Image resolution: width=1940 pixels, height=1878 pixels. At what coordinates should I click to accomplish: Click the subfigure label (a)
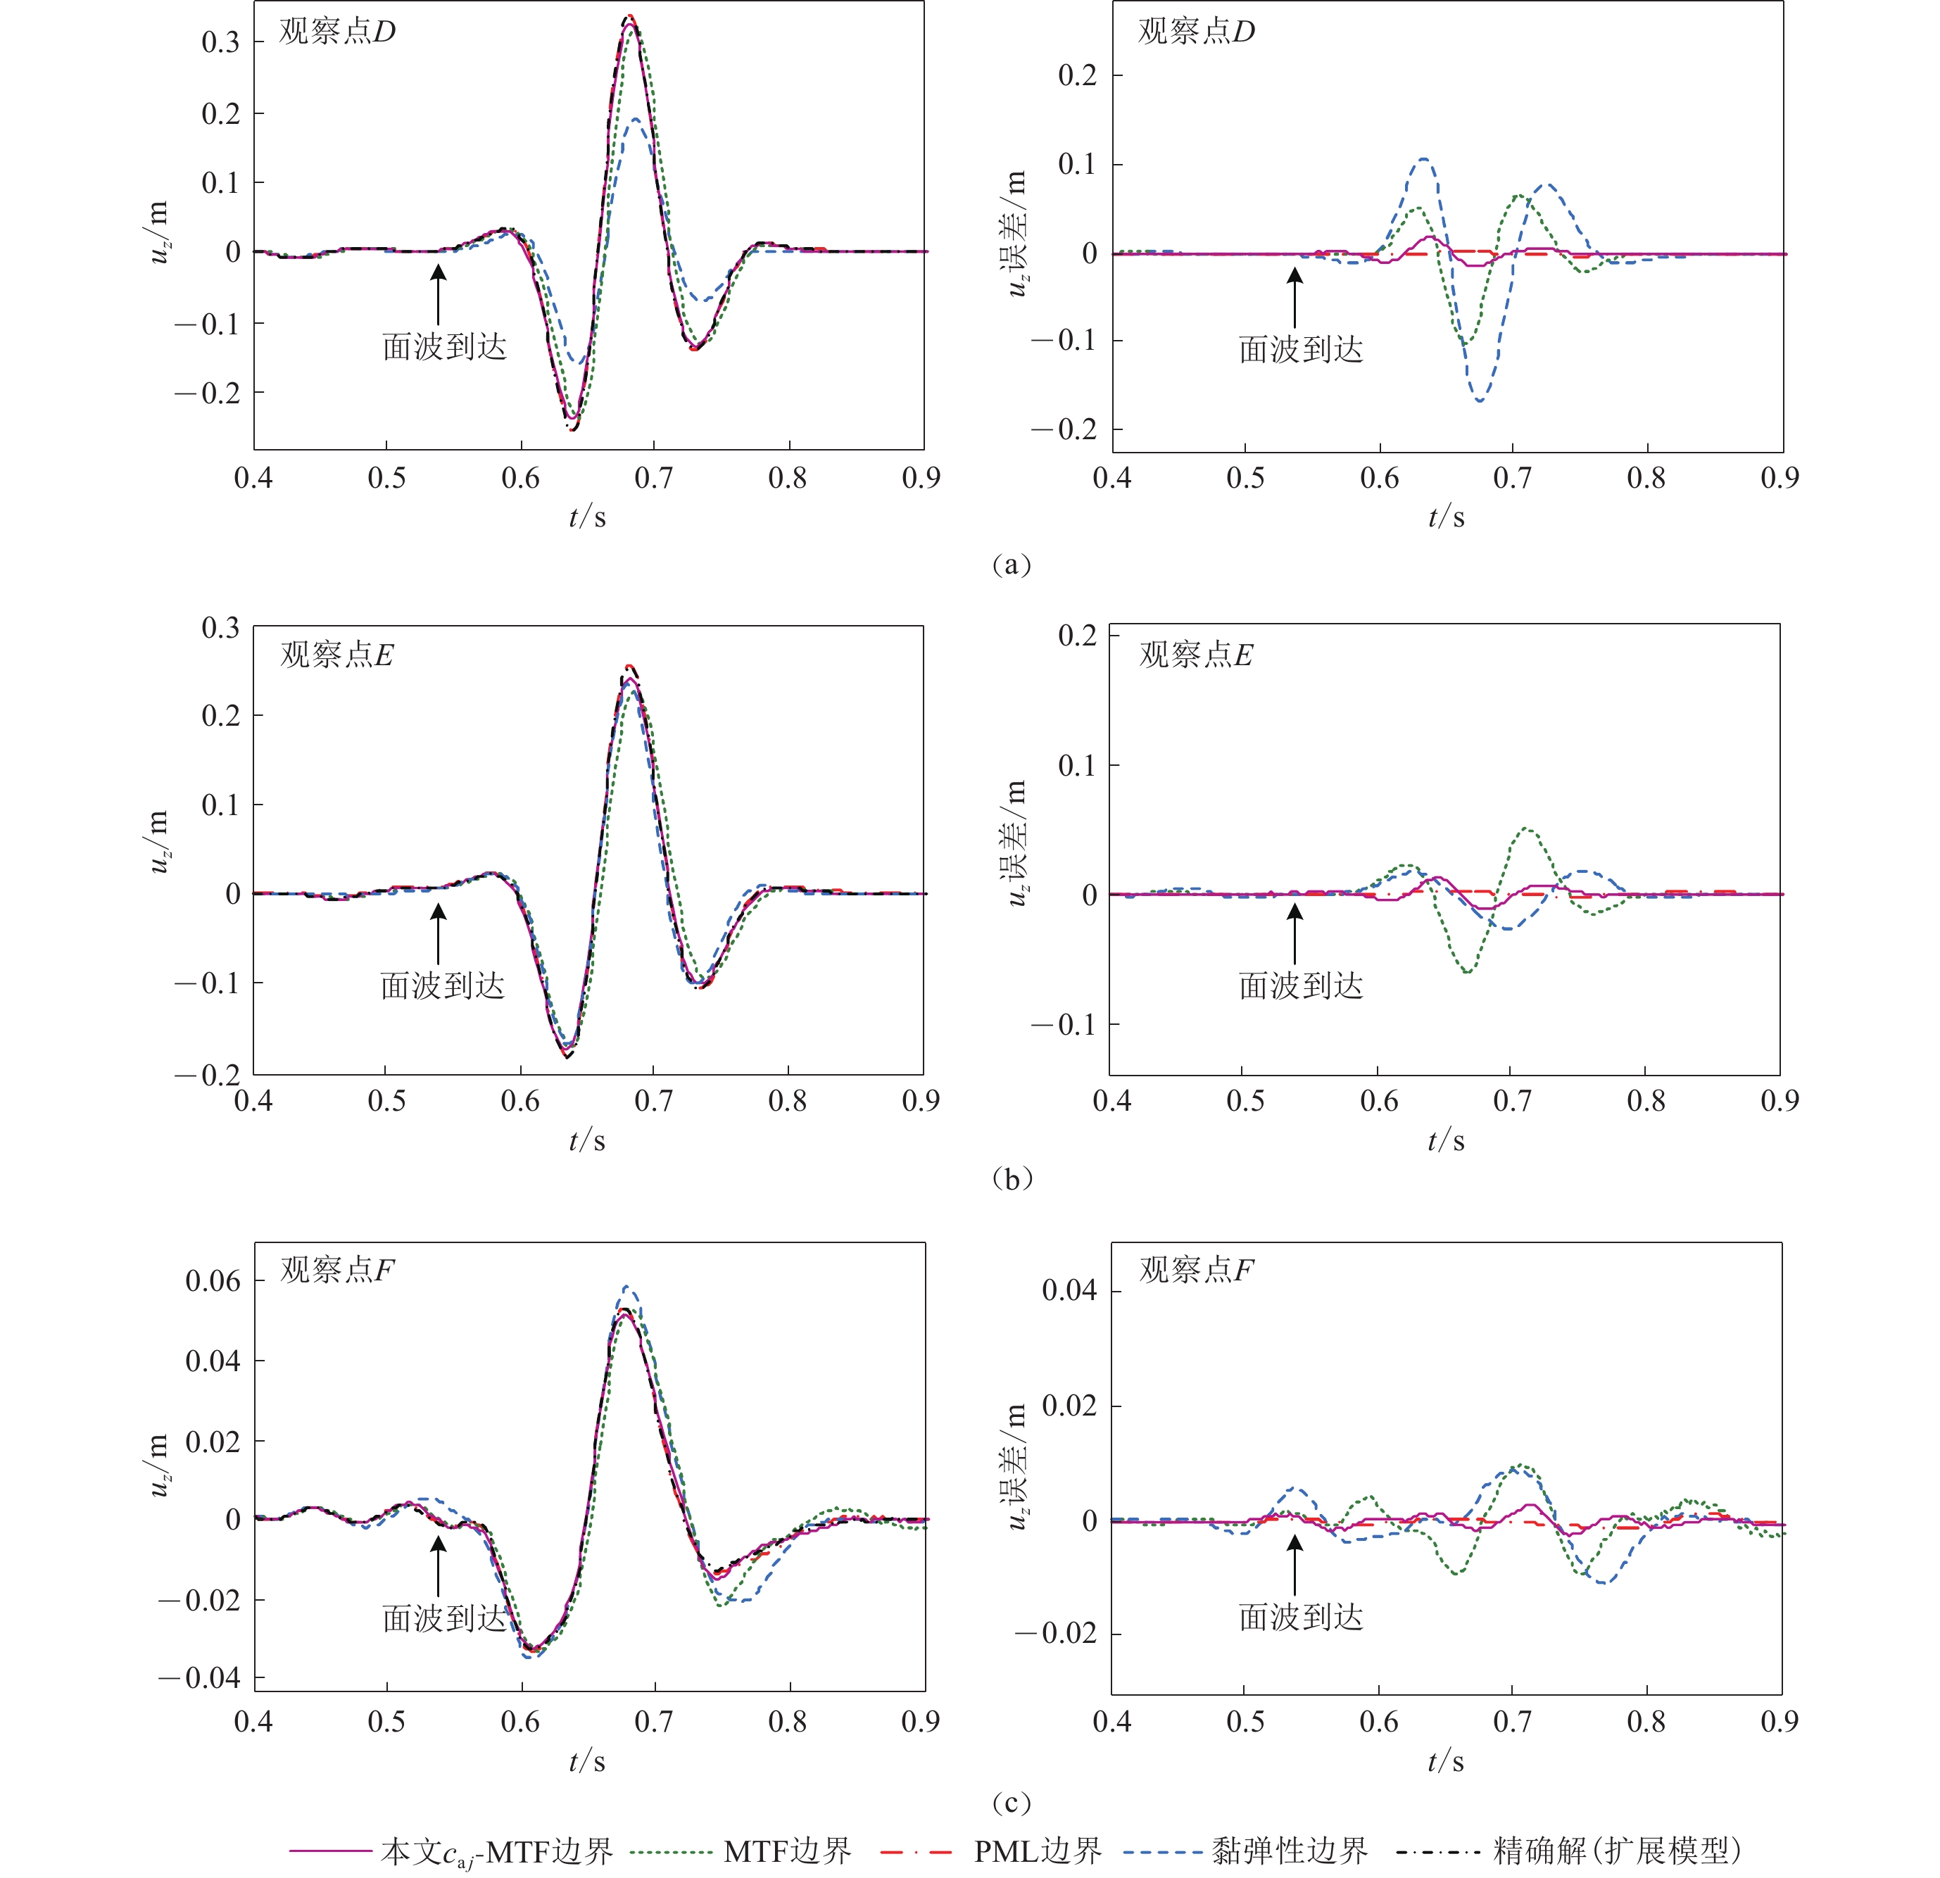click(x=1011, y=565)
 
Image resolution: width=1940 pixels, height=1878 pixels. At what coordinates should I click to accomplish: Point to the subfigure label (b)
click(x=1011, y=1179)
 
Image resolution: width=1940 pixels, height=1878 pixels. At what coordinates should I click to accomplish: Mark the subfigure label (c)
click(x=1011, y=1803)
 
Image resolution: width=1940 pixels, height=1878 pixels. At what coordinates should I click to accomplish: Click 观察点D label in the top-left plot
click(x=336, y=32)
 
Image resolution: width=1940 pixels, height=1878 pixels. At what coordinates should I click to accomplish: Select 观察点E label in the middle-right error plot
click(x=1196, y=655)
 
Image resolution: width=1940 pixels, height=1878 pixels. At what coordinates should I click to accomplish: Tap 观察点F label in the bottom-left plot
click(x=336, y=1270)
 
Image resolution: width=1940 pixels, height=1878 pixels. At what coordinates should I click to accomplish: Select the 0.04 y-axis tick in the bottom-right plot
click(x=1069, y=1290)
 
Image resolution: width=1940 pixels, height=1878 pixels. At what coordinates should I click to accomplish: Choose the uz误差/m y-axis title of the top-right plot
click(x=1016, y=234)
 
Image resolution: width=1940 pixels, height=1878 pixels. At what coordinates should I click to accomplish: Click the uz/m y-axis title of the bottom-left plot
click(x=159, y=1466)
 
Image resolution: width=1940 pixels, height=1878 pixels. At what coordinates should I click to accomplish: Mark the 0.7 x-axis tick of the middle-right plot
click(x=1511, y=1101)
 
